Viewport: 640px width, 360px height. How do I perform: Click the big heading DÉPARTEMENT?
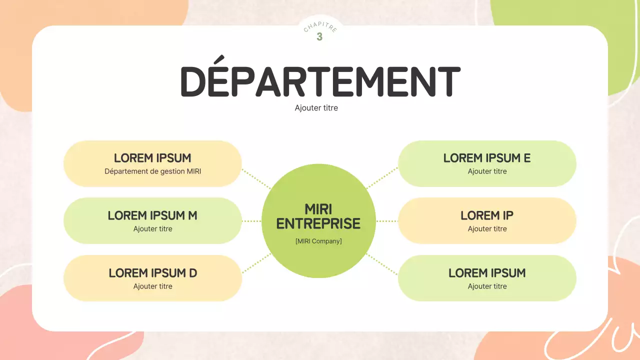pyautogui.click(x=319, y=81)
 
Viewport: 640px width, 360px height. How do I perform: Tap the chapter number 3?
pyautogui.click(x=319, y=37)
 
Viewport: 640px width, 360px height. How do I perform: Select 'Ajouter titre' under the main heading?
pyautogui.click(x=316, y=108)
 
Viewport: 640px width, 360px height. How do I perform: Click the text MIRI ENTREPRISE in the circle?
pyautogui.click(x=318, y=216)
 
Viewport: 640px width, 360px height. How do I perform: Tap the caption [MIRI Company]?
pyautogui.click(x=318, y=241)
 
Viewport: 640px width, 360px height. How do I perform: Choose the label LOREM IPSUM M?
pyautogui.click(x=152, y=215)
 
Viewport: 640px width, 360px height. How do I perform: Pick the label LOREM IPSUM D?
pyautogui.click(x=152, y=273)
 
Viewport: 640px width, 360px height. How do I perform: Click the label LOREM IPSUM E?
pyautogui.click(x=487, y=158)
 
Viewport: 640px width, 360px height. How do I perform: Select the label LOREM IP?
pyautogui.click(x=487, y=215)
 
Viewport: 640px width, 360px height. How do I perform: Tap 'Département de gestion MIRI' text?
pyautogui.click(x=152, y=171)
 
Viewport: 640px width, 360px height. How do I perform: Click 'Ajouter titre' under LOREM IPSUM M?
pyautogui.click(x=152, y=229)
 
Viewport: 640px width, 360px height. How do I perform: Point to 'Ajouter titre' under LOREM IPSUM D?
pyautogui.click(x=152, y=286)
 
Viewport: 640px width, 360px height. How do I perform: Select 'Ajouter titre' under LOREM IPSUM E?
pyautogui.click(x=487, y=171)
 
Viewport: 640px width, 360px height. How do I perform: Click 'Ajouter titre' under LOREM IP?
pyautogui.click(x=487, y=229)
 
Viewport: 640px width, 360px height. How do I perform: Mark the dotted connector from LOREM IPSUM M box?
pyautogui.click(x=251, y=221)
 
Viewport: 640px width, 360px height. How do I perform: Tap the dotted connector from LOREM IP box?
pyautogui.click(x=387, y=221)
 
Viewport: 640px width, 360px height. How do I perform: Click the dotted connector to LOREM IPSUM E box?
pyautogui.click(x=382, y=178)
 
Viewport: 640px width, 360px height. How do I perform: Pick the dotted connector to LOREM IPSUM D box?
pyautogui.click(x=256, y=263)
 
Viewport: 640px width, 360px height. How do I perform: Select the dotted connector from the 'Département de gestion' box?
pyautogui.click(x=256, y=178)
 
